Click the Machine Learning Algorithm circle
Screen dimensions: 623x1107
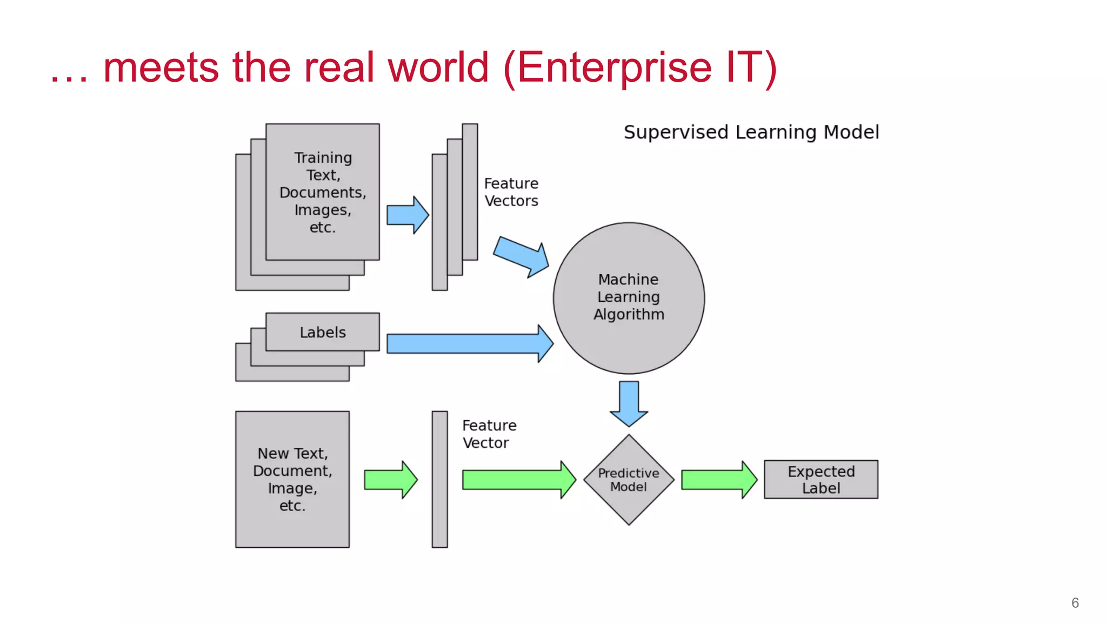pyautogui.click(x=629, y=298)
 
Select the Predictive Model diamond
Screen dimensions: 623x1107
pyautogui.click(x=629, y=480)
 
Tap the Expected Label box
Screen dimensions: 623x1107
pyautogui.click(x=821, y=480)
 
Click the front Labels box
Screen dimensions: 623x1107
pyautogui.click(x=323, y=332)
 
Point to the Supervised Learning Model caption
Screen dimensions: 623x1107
pyautogui.click(x=751, y=132)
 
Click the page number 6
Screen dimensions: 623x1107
pyautogui.click(x=1075, y=603)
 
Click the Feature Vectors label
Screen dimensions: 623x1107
pyautogui.click(x=511, y=192)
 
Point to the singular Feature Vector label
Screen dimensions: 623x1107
pyautogui.click(x=489, y=434)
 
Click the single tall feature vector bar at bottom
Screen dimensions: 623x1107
pyautogui.click(x=439, y=480)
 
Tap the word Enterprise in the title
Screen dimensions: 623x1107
pyautogui.click(x=614, y=68)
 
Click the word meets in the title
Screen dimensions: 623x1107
pyautogui.click(x=161, y=68)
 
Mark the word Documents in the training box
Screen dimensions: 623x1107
pyautogui.click(x=322, y=193)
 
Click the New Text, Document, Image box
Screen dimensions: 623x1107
pyautogui.click(x=292, y=480)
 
